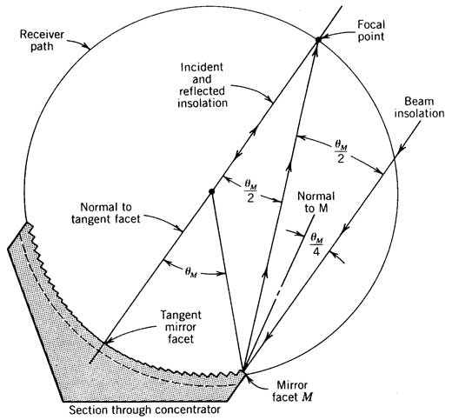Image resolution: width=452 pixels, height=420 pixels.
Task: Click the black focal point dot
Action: point(318,39)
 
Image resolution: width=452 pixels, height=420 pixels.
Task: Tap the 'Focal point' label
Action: point(371,30)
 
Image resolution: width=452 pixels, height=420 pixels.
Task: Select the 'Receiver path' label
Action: point(42,40)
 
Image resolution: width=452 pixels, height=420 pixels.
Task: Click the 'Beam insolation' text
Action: point(419,107)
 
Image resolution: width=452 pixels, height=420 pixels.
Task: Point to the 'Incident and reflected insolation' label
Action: point(203,85)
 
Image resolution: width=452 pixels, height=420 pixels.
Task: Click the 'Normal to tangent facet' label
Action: point(106,213)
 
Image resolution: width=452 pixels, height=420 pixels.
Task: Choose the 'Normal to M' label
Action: point(316,202)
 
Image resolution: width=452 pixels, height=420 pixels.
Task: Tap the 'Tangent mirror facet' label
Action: point(181,327)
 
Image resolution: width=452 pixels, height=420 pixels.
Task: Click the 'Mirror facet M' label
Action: point(292,391)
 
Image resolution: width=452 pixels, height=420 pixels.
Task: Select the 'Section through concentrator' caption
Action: point(144,410)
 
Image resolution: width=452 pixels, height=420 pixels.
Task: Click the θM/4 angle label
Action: point(316,244)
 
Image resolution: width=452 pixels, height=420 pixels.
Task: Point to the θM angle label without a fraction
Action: point(191,272)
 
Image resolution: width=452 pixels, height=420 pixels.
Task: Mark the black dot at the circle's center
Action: point(211,191)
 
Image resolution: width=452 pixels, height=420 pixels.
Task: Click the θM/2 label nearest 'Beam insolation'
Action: point(341,152)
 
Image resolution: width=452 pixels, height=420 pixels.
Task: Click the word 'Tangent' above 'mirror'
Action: point(181,315)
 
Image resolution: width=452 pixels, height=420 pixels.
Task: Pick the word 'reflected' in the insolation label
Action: point(202,91)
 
